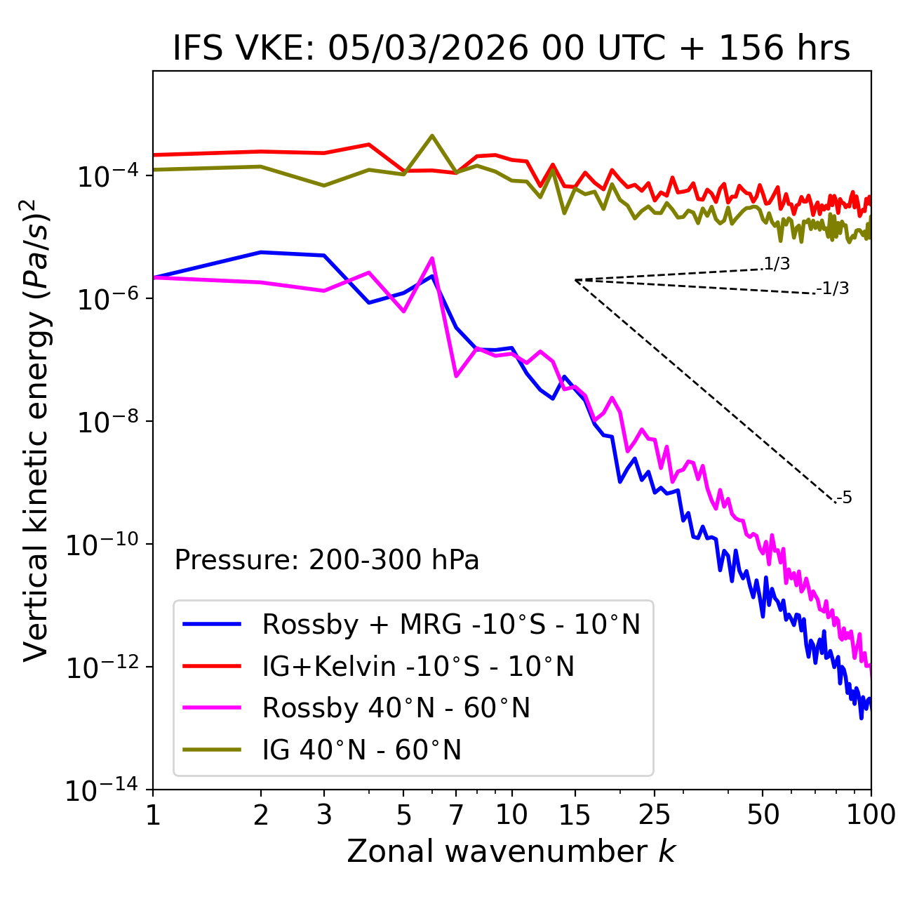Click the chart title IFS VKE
pos(511,49)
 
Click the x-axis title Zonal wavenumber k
pos(511,851)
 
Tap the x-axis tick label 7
pos(456,815)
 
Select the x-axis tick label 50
pos(763,815)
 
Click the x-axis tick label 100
pos(871,815)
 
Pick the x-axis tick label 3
pos(324,815)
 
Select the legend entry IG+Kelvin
pos(418,666)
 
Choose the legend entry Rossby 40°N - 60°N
pos(396,708)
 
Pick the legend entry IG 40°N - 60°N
pos(361,750)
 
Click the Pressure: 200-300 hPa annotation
pos(327,560)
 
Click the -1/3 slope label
pos(833,288)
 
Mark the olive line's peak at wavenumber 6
pos(432,135)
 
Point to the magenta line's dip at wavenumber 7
pos(456,376)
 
